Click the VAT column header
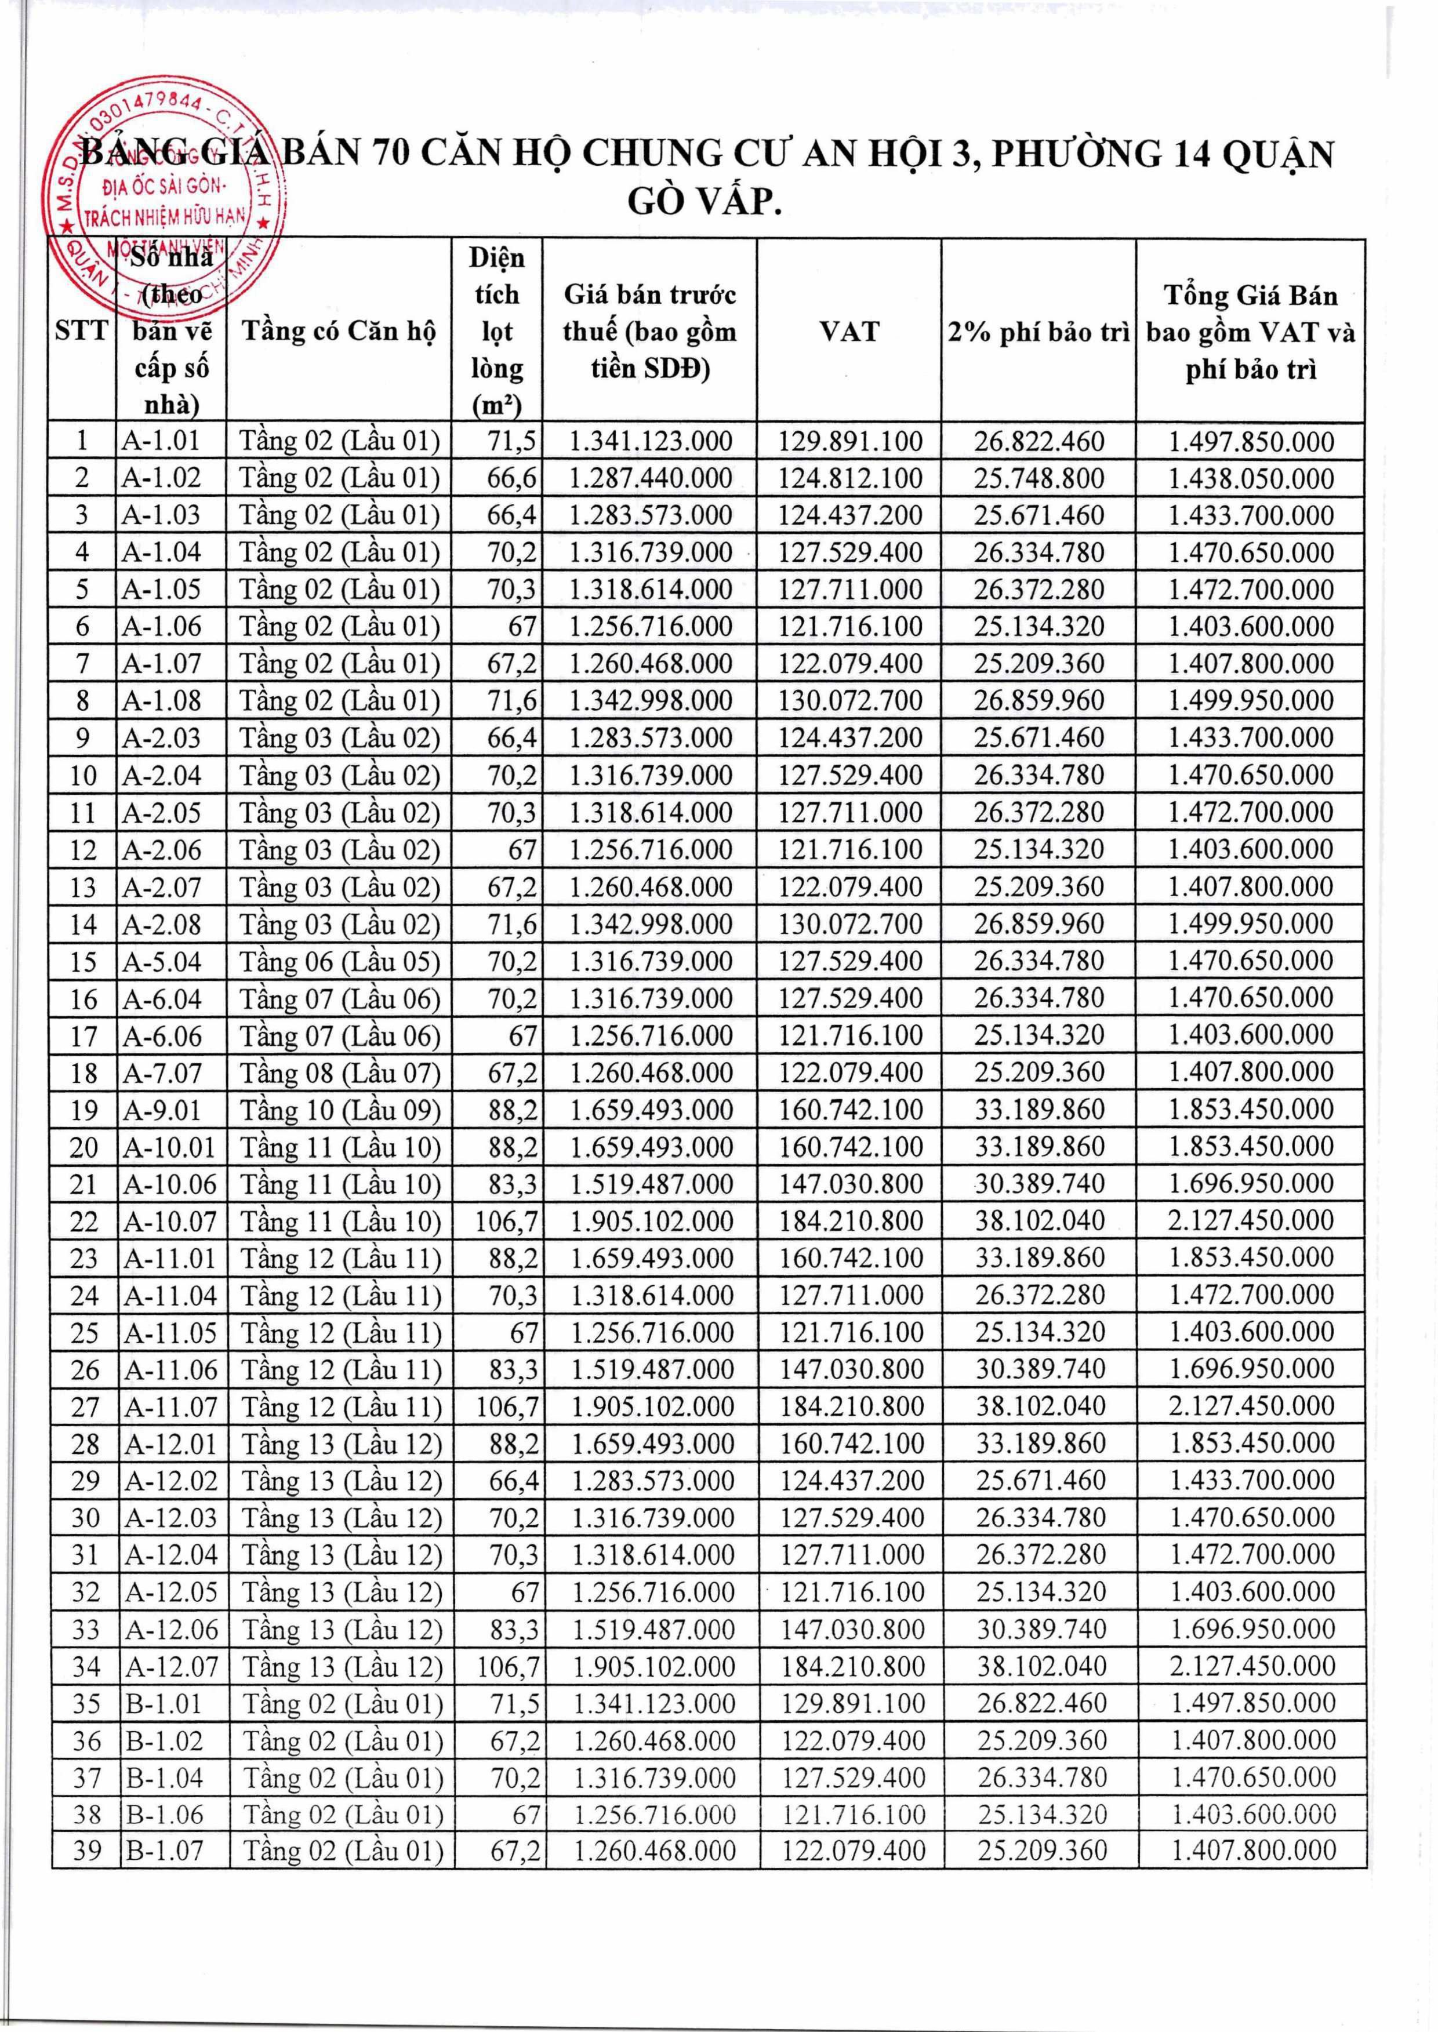click(849, 331)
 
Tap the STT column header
click(81, 331)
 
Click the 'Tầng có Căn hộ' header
click(339, 331)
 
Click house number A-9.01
click(162, 1110)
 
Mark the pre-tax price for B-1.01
click(653, 1703)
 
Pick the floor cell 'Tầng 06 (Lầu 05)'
click(340, 962)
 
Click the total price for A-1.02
click(1250, 479)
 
